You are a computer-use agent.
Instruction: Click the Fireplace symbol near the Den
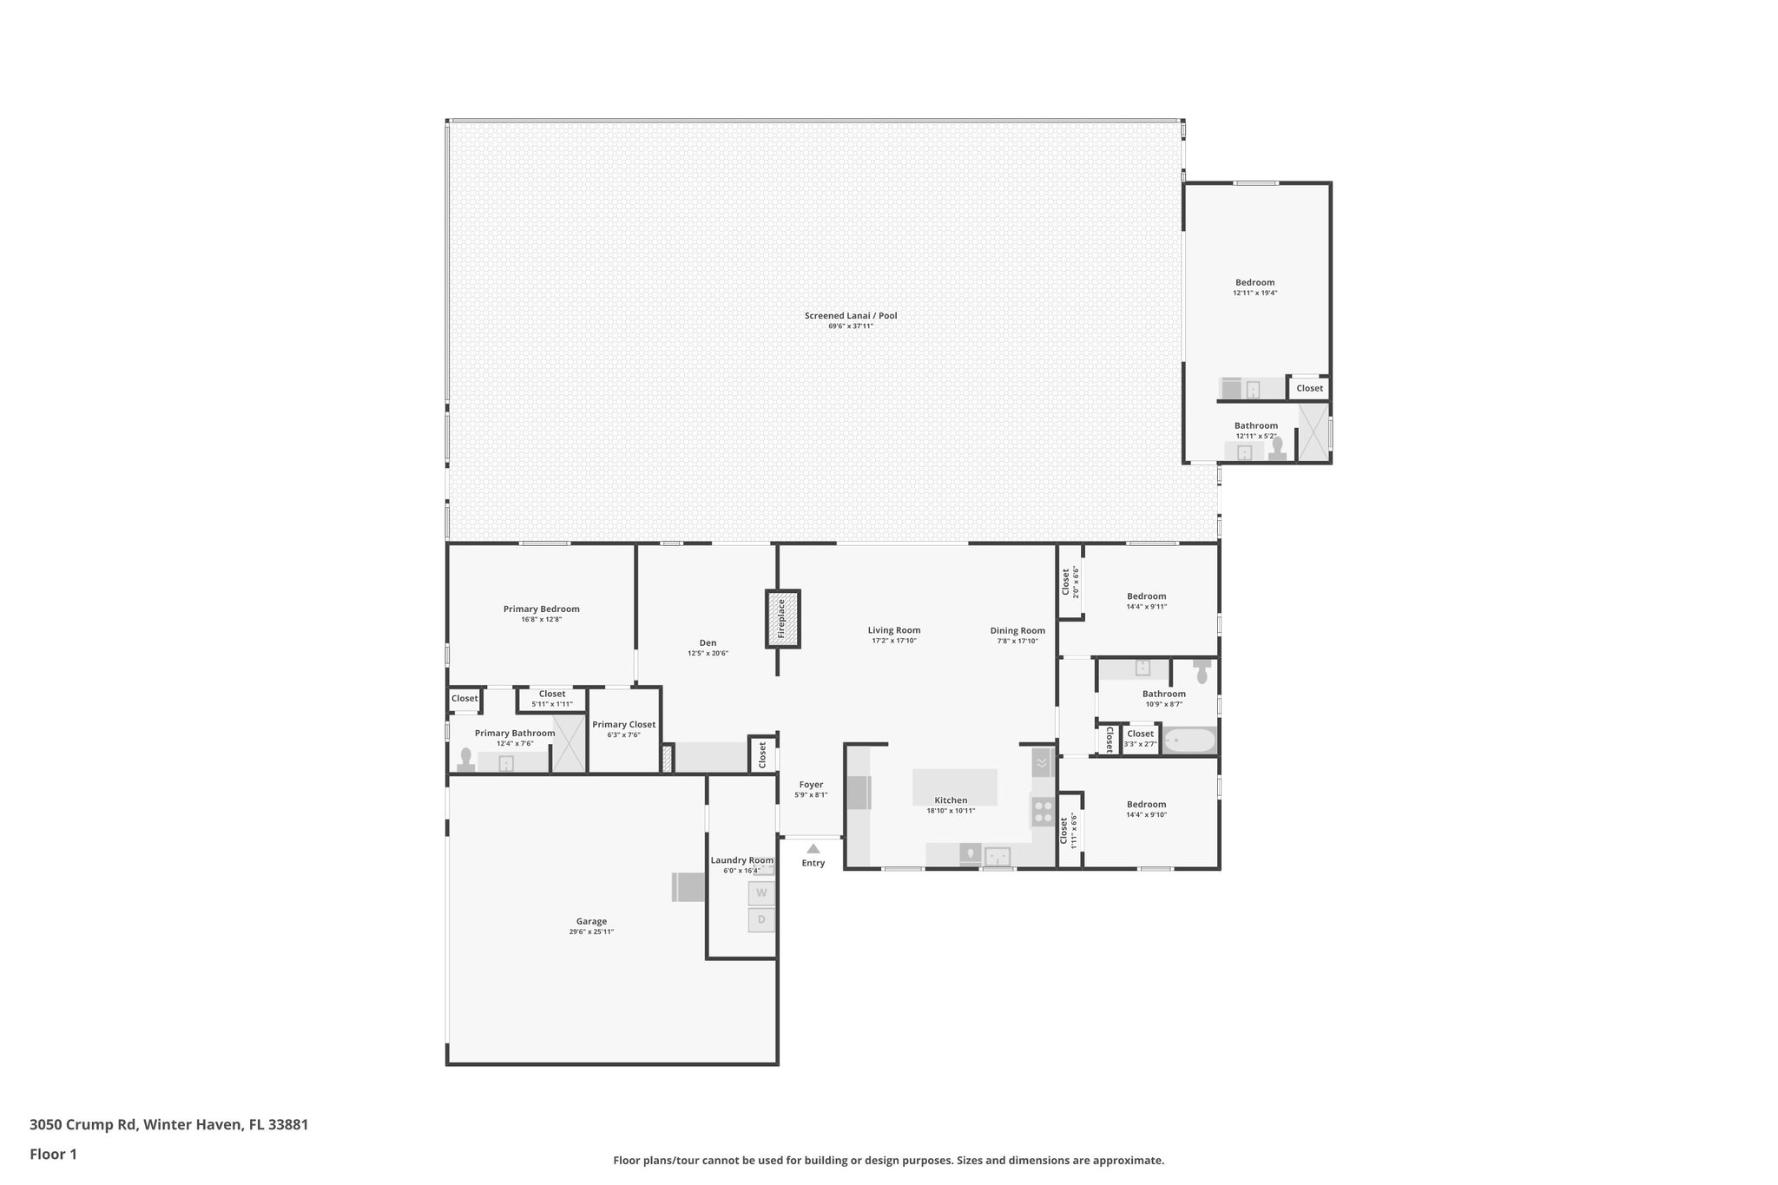782,618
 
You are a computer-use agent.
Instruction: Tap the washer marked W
761,892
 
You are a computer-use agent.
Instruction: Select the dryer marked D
761,919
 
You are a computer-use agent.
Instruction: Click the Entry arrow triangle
813,849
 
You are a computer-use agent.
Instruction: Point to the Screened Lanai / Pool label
850,316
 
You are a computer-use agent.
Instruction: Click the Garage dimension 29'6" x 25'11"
591,932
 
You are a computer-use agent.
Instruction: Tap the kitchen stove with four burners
1042,812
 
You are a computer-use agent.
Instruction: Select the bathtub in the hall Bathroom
1189,741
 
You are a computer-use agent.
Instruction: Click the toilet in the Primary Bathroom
466,760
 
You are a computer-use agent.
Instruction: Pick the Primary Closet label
623,725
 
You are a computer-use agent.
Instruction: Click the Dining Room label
1017,631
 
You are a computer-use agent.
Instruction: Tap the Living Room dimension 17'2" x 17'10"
894,641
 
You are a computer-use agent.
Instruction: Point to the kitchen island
954,787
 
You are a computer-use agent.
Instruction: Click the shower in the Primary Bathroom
570,744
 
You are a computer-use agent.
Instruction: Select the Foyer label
811,785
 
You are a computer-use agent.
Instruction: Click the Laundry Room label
741,860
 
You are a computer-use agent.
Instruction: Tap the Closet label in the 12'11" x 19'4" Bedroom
1309,388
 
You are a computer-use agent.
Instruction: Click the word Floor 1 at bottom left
53,1154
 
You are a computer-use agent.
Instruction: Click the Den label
708,643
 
